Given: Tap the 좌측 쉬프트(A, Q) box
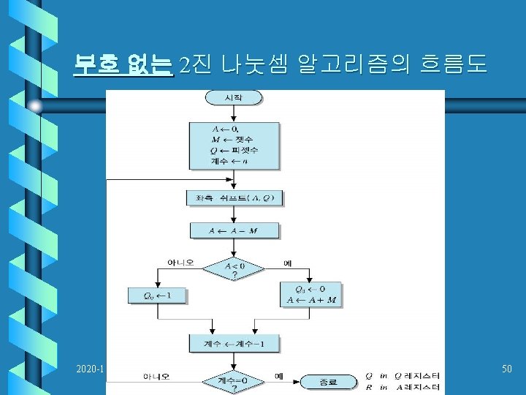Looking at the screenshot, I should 234,198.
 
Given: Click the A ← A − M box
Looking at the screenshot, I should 234,230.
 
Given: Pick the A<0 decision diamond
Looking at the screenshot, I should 234,270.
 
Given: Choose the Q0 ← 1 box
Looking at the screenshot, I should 157,296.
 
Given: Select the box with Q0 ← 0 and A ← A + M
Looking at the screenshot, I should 311,295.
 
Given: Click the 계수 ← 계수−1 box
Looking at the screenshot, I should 234,343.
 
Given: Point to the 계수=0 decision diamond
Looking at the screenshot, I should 234,382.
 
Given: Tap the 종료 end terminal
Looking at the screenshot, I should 328,381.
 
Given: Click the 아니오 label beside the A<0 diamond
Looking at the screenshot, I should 180,262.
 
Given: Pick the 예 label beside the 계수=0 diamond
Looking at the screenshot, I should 278,376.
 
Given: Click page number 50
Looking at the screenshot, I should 506,370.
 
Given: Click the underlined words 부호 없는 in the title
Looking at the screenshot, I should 123,66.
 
